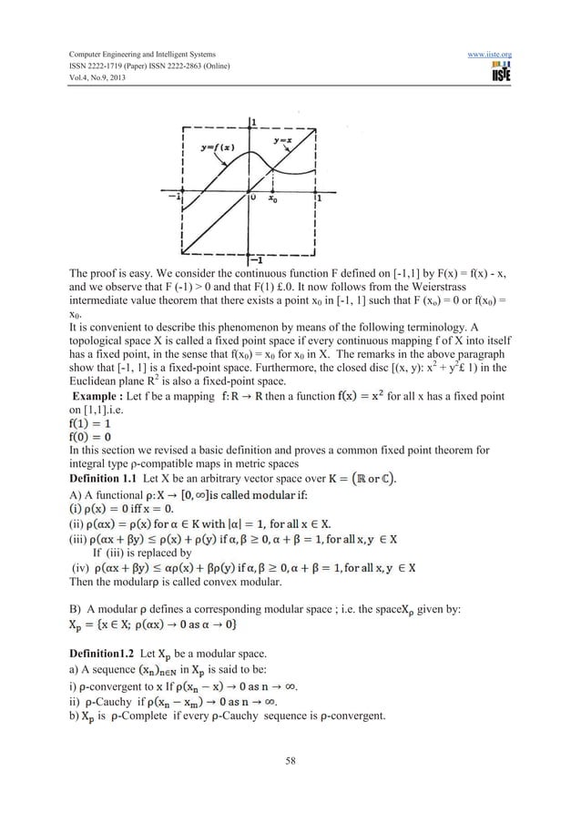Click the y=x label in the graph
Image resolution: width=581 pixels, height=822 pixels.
289,140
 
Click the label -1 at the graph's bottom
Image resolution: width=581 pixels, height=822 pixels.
254,262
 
